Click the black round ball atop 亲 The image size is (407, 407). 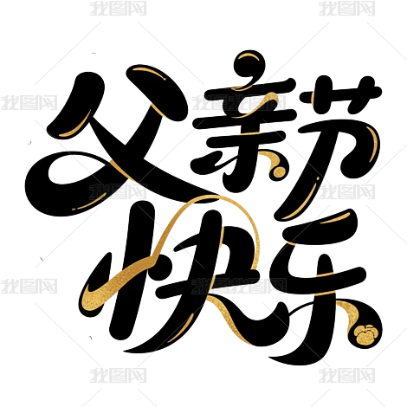point(249,65)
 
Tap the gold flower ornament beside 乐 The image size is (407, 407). point(365,334)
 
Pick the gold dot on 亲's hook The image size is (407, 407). point(279,171)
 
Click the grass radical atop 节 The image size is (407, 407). point(340,94)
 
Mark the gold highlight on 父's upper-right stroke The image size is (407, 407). point(149,72)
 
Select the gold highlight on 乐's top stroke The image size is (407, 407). point(336,218)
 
